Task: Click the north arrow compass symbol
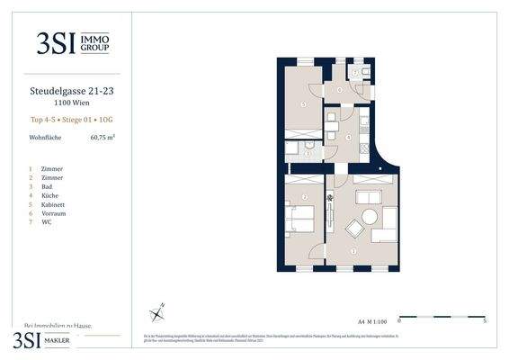(x=157, y=312)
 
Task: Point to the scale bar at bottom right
(x=442, y=317)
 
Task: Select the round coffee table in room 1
(x=368, y=217)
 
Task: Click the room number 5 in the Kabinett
(x=303, y=105)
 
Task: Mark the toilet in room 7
(x=359, y=71)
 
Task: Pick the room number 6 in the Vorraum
(x=339, y=88)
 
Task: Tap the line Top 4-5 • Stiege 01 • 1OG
(x=67, y=119)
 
